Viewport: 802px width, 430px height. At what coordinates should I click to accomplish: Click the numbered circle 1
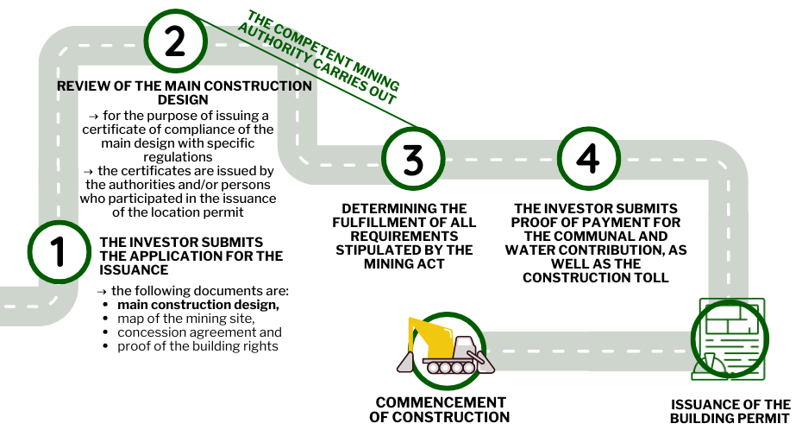[60, 252]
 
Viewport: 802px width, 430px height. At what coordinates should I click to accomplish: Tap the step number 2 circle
[174, 41]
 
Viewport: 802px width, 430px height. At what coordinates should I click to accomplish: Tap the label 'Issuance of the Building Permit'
[730, 411]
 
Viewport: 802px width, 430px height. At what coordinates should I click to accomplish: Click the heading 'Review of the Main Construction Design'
[185, 92]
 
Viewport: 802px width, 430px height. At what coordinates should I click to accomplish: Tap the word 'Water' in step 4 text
[533, 250]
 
